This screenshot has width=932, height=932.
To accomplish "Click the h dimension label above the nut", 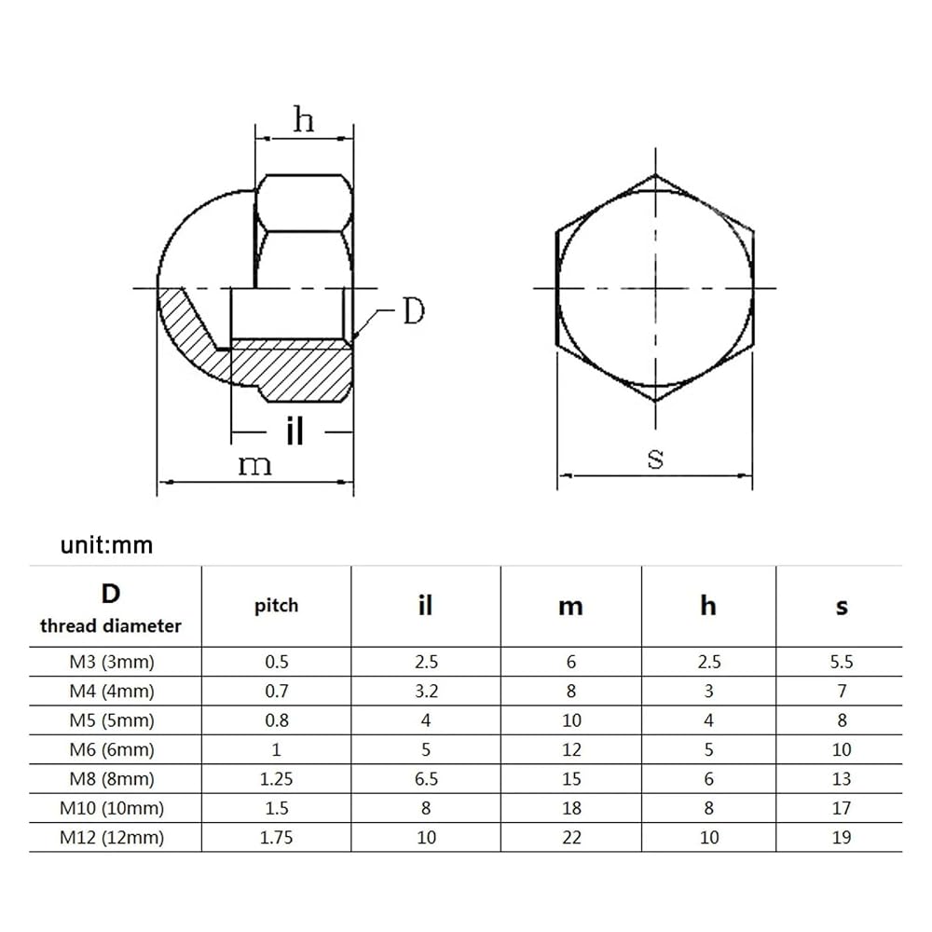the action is tap(304, 119).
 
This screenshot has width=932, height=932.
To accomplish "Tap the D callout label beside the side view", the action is tap(415, 310).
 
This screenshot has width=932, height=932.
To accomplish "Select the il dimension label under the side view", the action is tap(295, 431).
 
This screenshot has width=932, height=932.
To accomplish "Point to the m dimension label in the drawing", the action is tap(255, 465).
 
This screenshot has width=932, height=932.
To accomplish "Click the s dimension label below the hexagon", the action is tap(655, 458).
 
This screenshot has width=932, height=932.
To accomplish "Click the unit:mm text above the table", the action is tap(106, 545).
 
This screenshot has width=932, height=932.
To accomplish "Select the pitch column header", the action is tap(277, 607).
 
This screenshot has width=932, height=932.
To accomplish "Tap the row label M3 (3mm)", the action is tap(112, 662).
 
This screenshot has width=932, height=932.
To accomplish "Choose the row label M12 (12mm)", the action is tap(112, 837).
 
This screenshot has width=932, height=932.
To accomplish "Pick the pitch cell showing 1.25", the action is tap(277, 778).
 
